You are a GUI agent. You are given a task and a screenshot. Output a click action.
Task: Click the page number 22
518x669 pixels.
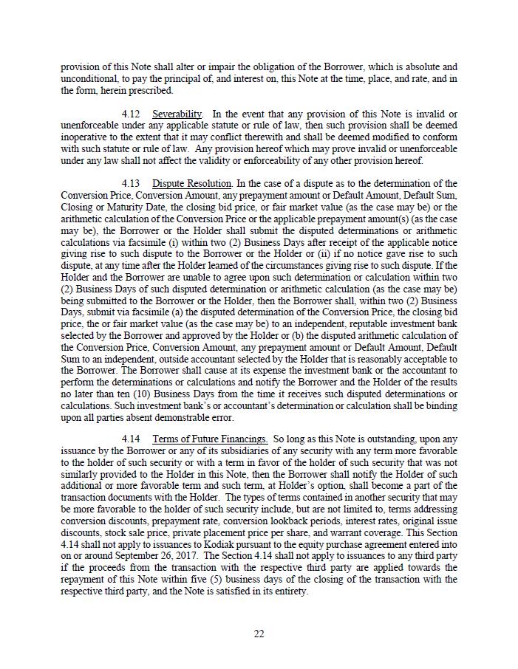click(x=259, y=634)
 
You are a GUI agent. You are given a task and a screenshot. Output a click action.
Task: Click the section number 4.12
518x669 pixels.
click(x=131, y=114)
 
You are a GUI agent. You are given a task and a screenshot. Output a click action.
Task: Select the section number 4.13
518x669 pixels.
click(x=131, y=183)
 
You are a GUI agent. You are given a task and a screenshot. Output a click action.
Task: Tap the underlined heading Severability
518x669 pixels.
click(x=177, y=114)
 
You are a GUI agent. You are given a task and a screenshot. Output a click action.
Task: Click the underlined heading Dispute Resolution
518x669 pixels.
click(x=192, y=183)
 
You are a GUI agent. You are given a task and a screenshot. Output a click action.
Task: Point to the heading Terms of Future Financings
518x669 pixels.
click(x=210, y=439)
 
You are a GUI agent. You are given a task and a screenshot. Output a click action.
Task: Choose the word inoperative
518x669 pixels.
click(x=85, y=137)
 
